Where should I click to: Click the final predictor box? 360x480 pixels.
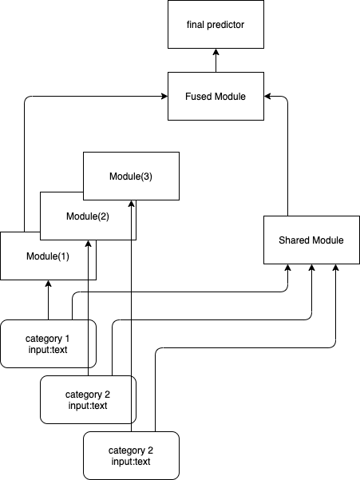[216, 24]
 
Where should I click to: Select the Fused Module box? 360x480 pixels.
[216, 96]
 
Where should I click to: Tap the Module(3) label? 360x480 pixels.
[131, 177]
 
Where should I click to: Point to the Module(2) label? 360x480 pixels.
[88, 216]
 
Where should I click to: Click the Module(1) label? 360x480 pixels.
[48, 256]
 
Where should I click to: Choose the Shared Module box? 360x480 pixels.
[311, 240]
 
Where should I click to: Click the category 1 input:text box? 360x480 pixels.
[48, 343]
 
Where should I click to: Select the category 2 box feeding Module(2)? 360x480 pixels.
[88, 400]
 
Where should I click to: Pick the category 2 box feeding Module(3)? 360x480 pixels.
[131, 455]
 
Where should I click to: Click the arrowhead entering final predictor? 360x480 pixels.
[216, 52]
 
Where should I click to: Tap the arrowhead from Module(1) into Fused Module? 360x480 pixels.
[164, 97]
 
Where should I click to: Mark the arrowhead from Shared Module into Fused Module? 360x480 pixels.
[267, 97]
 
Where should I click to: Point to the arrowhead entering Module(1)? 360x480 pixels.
[48, 284]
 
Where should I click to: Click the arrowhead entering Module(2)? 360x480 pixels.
[88, 244]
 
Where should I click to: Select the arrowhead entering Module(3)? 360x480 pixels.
[131, 204]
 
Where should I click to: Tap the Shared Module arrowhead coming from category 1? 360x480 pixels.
[287, 268]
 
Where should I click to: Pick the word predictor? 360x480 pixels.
[225, 25]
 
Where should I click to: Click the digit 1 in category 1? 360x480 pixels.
[67, 339]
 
